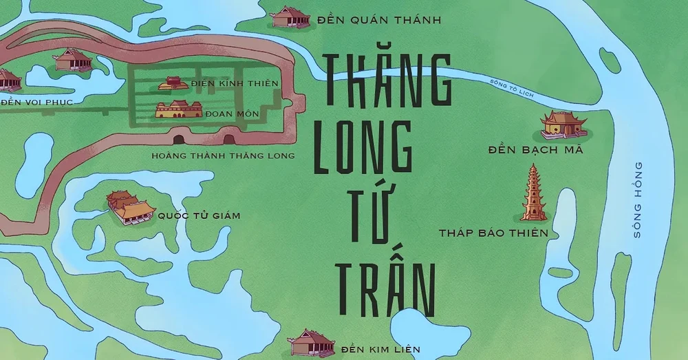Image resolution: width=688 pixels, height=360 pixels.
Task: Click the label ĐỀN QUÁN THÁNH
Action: pyautogui.click(x=379, y=20)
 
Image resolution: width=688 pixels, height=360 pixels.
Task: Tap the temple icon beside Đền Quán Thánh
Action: pyautogui.click(x=291, y=17)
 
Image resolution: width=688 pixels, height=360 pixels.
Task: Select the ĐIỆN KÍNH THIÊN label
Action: pyautogui.click(x=235, y=84)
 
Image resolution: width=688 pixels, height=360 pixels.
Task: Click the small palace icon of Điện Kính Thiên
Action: pyautogui.click(x=173, y=83)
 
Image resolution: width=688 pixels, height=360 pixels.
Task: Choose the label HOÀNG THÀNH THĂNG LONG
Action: pyautogui.click(x=224, y=156)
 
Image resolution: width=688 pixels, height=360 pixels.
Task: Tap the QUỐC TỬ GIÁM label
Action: pyautogui.click(x=199, y=215)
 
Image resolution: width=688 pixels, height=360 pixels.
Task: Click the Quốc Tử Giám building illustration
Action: pyautogui.click(x=129, y=207)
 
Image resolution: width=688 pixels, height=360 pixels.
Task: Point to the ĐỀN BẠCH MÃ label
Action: pyautogui.click(x=535, y=150)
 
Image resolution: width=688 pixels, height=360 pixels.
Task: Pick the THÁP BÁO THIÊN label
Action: pyautogui.click(x=493, y=233)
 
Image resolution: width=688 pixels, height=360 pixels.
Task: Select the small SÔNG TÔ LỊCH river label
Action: pyautogui.click(x=511, y=87)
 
